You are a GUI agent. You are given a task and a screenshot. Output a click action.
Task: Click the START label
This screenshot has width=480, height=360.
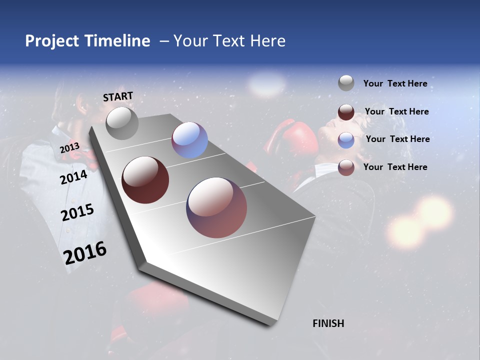(118, 96)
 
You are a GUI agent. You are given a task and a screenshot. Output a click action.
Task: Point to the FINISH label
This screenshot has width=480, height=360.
(328, 323)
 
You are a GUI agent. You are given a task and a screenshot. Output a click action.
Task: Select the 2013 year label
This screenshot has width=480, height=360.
(69, 147)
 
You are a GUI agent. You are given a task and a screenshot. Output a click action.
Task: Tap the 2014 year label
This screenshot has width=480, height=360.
(73, 177)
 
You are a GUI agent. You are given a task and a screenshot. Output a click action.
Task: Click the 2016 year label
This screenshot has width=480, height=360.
(85, 253)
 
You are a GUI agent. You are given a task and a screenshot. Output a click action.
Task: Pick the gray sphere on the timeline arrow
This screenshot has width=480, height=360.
(122, 123)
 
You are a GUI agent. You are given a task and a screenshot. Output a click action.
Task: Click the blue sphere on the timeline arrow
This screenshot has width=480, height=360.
(189, 140)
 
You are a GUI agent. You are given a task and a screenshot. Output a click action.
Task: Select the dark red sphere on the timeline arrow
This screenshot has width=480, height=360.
(145, 180)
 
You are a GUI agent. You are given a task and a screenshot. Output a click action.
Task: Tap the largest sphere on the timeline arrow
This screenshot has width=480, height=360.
(216, 207)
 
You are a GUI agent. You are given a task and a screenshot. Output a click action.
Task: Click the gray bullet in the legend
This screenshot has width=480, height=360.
(346, 83)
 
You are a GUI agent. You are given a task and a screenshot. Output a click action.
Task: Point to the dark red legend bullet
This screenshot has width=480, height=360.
(346, 112)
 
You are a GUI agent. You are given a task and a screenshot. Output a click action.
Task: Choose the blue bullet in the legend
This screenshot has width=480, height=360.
(346, 139)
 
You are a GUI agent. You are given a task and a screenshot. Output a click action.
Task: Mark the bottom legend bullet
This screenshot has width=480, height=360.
(346, 167)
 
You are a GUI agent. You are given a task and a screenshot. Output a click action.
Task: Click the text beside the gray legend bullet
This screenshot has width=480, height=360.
(395, 83)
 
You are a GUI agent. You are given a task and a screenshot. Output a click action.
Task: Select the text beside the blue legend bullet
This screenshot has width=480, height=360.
(397, 139)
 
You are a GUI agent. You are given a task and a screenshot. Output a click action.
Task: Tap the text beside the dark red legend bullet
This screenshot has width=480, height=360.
(396, 111)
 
